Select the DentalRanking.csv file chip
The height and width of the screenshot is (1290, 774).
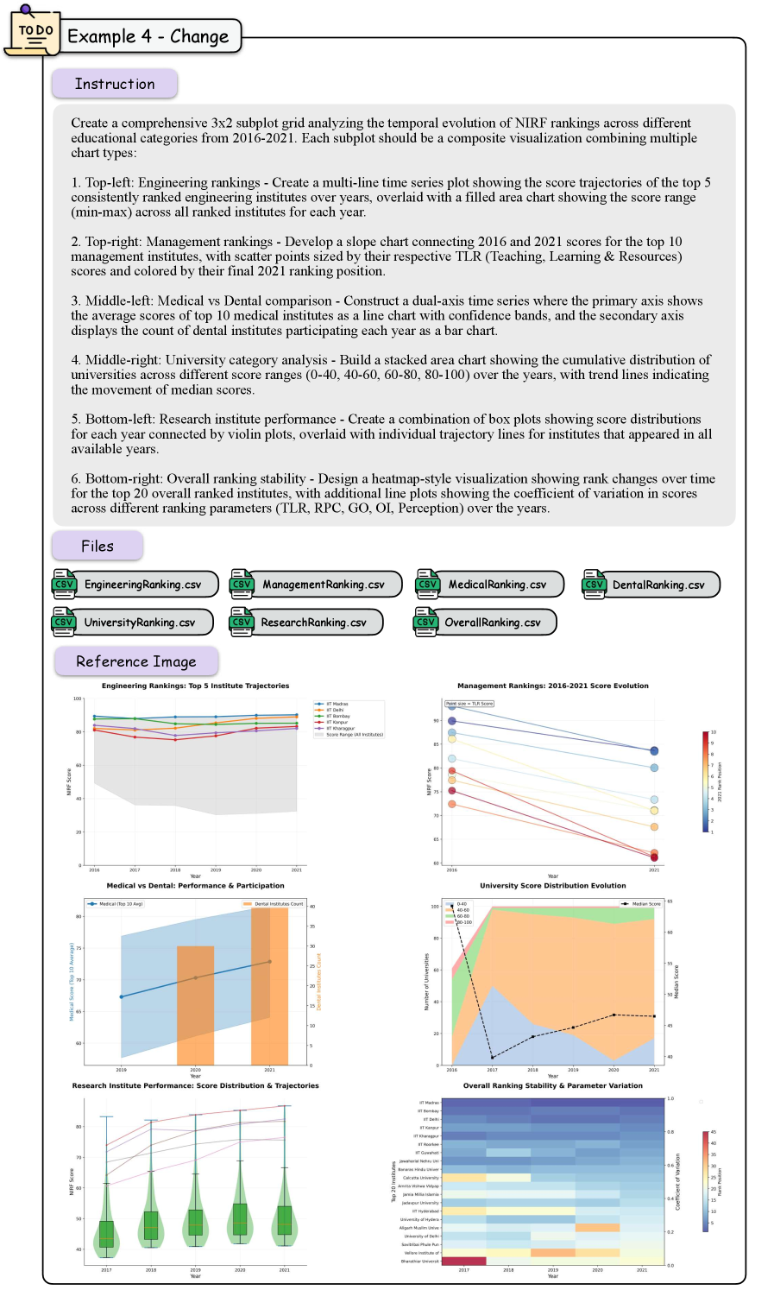[x=651, y=585]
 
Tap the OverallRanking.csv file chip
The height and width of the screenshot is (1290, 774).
[x=485, y=623]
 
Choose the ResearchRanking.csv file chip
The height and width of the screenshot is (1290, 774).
[x=306, y=623]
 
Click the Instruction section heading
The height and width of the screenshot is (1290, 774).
[x=115, y=84]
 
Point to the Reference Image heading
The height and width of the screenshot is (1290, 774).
[x=136, y=661]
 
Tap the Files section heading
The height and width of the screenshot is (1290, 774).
[x=98, y=546]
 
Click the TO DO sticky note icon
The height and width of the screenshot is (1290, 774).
[x=33, y=33]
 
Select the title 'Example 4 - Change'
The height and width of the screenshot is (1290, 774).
[x=148, y=36]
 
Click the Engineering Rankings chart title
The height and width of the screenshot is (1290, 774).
[x=195, y=686]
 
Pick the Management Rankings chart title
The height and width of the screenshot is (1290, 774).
[x=552, y=686]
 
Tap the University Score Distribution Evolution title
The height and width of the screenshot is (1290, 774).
[x=552, y=885]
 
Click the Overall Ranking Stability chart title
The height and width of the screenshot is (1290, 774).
[x=552, y=1085]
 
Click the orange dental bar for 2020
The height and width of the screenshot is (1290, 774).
[x=196, y=1006]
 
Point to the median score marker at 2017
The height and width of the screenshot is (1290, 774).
[x=493, y=1057]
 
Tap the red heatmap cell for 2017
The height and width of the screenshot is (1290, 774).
[x=463, y=1261]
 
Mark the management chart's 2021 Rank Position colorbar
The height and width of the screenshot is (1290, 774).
[x=706, y=781]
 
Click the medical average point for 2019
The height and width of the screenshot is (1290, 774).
[x=122, y=996]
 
